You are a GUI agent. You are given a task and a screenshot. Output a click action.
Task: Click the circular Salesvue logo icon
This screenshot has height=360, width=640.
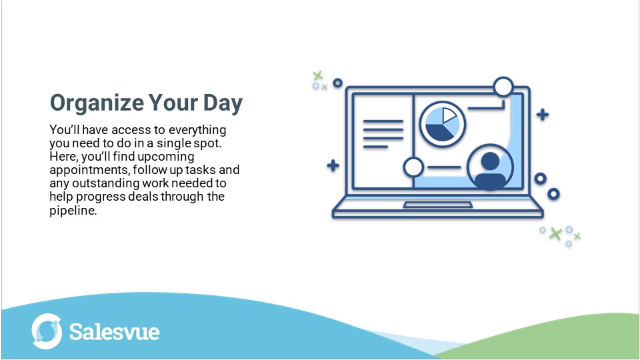pos(47,331)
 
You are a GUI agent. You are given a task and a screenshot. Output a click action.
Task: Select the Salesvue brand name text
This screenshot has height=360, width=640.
pos(115,331)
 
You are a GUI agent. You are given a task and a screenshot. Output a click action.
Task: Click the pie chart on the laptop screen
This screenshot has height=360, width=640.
pos(442,124)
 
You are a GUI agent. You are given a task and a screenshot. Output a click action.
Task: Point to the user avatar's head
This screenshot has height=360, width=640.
pos(490,161)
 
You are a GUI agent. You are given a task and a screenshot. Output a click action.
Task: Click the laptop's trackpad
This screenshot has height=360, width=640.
pos(437,204)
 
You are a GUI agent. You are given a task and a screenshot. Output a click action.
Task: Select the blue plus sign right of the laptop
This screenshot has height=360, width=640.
pos(543,115)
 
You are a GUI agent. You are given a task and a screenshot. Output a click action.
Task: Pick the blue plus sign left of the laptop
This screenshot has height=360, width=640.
pos(333,166)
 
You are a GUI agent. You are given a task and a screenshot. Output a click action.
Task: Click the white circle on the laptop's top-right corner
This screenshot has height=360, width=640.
pos(503,87)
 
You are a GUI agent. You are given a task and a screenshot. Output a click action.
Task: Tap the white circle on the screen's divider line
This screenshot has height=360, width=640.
pos(413,167)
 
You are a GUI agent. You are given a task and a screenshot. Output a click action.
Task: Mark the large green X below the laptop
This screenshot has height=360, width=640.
pos(555,233)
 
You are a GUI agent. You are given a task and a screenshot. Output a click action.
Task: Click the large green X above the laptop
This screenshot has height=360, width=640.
pos(318,75)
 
